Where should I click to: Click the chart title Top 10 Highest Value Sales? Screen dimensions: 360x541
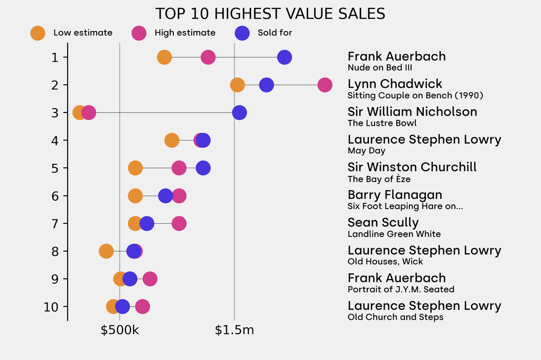[x=270, y=14]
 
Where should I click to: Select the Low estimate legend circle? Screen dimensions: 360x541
[x=38, y=33]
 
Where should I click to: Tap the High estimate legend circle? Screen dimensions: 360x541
[x=139, y=33]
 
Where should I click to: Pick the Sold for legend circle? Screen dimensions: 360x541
[x=242, y=33]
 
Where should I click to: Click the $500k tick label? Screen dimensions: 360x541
[x=120, y=330]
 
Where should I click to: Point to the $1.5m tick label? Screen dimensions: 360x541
[x=235, y=330]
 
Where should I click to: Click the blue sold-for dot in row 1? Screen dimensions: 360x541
[x=284, y=57]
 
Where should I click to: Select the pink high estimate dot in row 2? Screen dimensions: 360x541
[x=325, y=84]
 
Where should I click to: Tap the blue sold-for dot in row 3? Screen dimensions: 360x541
[x=239, y=112]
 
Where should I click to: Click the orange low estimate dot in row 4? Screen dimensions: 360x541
[x=172, y=140]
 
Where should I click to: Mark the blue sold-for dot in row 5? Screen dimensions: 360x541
[x=203, y=168]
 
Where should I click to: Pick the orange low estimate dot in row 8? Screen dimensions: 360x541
[x=106, y=251]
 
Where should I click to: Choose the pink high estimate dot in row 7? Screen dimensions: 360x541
[x=179, y=223]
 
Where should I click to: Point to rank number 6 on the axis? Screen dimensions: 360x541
[x=55, y=196]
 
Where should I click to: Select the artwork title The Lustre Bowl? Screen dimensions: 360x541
[x=382, y=123]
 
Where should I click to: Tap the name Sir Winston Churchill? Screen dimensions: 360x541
[x=412, y=167]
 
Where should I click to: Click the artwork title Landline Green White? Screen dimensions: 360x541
[x=394, y=234]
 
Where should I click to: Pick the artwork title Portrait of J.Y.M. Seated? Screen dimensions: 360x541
[x=401, y=289]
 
